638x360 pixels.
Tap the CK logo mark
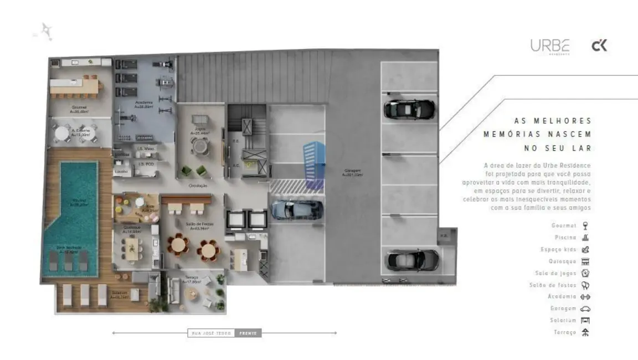tap(599, 46)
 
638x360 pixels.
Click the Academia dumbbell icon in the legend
tap(585, 297)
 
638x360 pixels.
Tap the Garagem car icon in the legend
tap(585, 308)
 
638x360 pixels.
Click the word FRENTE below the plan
tap(248, 333)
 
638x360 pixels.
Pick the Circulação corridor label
tap(198, 186)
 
